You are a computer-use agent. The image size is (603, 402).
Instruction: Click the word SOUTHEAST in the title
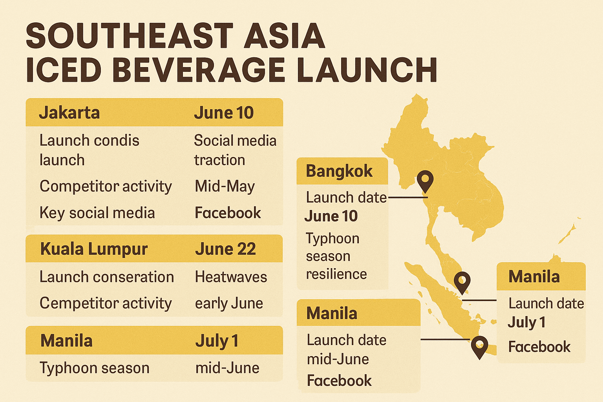pos(130,36)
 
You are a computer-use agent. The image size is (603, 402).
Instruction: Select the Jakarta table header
pos(69,113)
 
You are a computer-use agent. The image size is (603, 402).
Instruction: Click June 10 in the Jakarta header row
pos(224,113)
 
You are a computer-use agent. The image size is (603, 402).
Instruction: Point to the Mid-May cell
pos(225,186)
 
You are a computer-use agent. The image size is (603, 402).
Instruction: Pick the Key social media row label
pos(97,213)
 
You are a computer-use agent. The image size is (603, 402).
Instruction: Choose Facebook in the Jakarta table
pos(228,213)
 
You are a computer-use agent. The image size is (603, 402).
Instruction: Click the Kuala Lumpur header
pos(94,249)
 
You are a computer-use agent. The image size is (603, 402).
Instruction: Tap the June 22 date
pos(225,249)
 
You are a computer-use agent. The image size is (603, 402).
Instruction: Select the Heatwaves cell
pos(231,277)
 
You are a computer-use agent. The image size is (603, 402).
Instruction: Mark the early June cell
pos(229,303)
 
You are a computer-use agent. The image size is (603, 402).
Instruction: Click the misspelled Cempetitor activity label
pos(106,303)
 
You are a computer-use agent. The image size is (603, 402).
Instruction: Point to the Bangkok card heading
pos(339,171)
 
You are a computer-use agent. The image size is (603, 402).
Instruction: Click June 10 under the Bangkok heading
pos(331,216)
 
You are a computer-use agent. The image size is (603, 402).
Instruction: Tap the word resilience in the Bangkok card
pos(336,274)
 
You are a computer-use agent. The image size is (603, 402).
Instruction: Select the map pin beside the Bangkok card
pos(425,181)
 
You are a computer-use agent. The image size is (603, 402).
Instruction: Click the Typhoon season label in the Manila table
pos(94,368)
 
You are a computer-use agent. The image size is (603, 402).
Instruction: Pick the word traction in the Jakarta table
pos(219,160)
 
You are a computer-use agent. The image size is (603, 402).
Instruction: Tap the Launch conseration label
pos(107,277)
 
